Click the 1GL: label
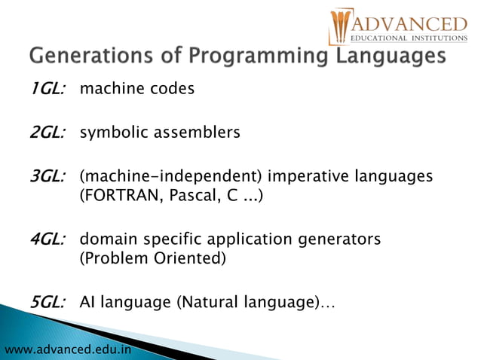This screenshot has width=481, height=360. click(x=47, y=89)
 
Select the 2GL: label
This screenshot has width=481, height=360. click(x=47, y=133)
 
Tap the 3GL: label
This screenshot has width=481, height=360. click(x=47, y=177)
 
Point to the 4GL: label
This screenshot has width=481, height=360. click(x=47, y=239)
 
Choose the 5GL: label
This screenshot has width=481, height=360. click(x=47, y=303)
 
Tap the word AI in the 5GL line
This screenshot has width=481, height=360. click(x=88, y=303)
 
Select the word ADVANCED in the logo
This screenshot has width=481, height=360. click(x=408, y=22)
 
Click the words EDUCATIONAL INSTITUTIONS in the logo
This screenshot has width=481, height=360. click(x=408, y=38)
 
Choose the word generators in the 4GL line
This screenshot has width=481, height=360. click(x=339, y=239)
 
